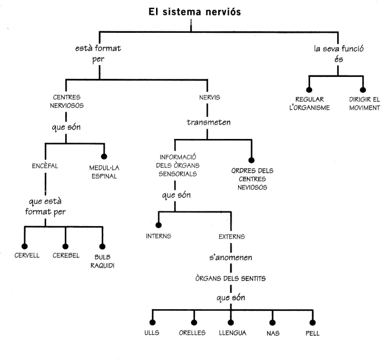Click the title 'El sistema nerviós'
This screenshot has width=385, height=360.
tap(191, 11)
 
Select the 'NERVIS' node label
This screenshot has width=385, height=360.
tap(206, 96)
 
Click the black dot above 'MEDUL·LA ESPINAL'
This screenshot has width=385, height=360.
tap(104, 156)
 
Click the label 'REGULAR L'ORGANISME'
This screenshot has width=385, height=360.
tap(310, 103)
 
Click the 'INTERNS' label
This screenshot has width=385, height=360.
tap(158, 236)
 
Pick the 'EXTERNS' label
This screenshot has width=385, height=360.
tap(232, 236)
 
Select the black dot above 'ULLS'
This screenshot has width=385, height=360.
tap(152, 322)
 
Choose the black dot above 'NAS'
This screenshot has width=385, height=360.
tap(273, 322)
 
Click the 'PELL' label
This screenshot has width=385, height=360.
tap(313, 333)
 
